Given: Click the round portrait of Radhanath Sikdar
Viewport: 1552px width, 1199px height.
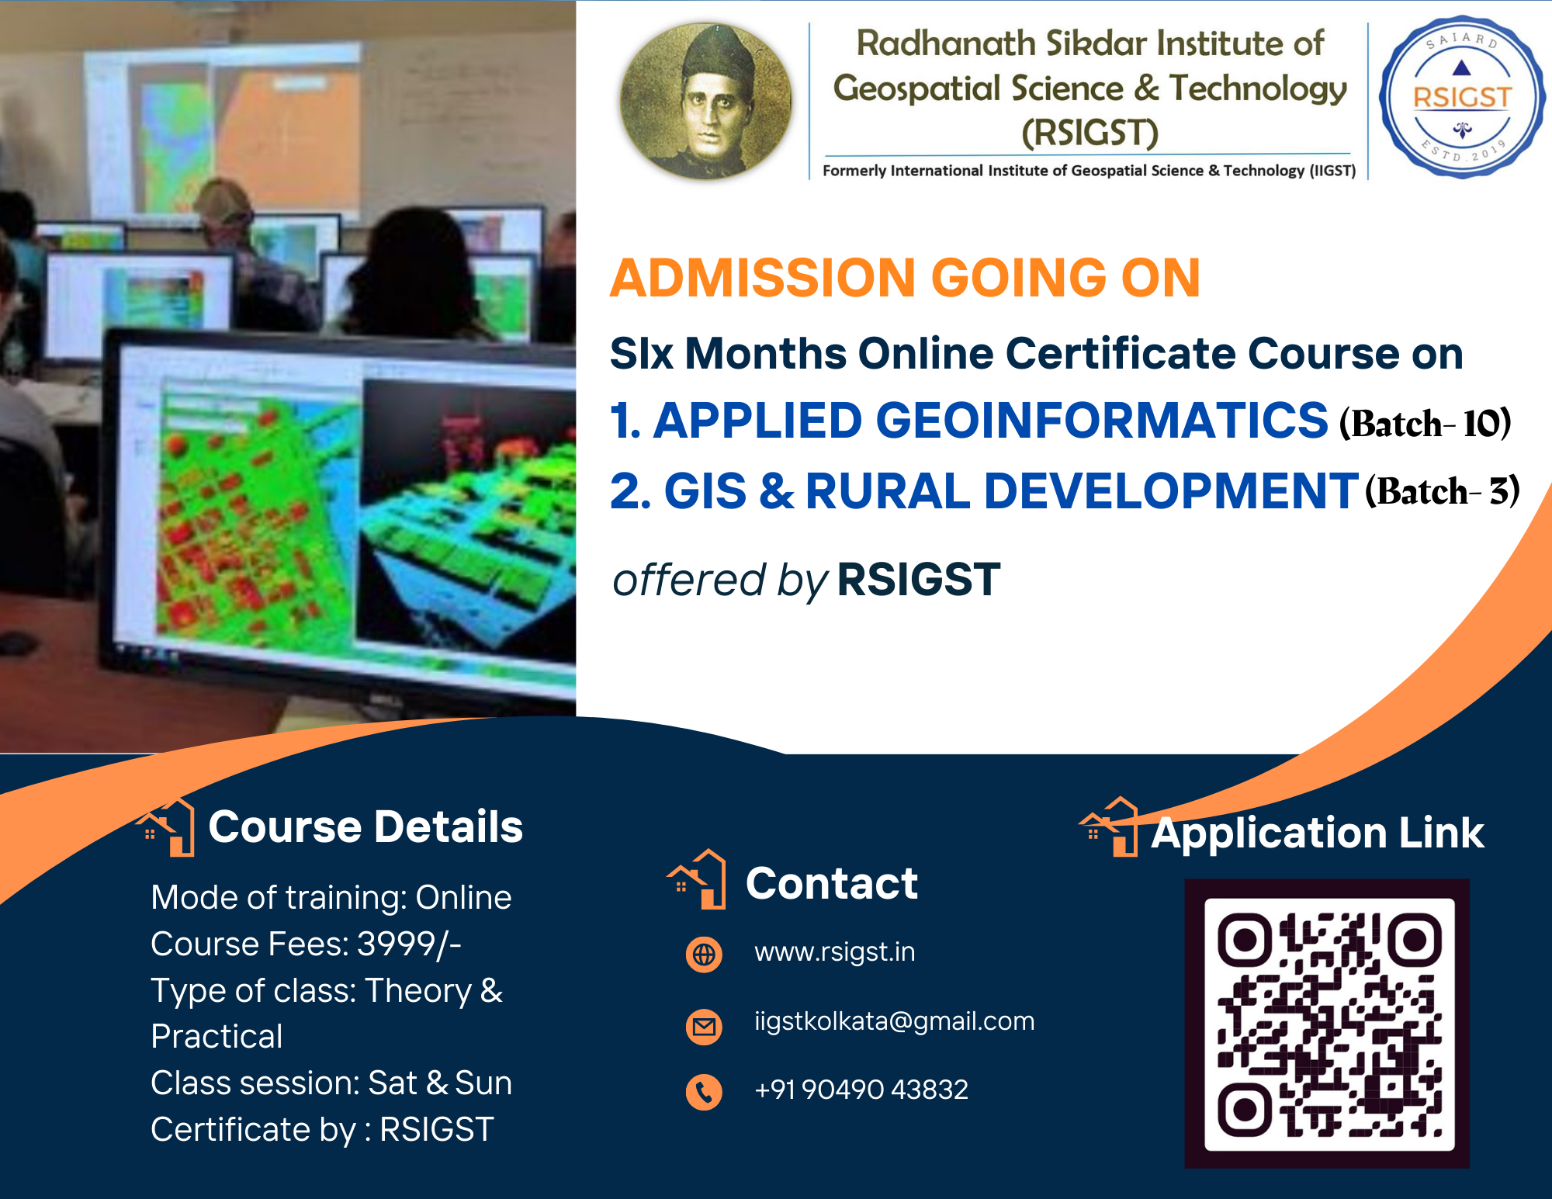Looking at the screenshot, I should pos(705,101).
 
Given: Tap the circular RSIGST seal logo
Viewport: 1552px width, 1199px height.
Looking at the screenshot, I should pos(1462,98).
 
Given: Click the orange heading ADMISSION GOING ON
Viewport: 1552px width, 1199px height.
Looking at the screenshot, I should pos(905,278).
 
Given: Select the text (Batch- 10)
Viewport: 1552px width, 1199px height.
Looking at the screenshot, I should pos(1425,424).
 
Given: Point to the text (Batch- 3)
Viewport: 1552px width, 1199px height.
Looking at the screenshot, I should pos(1442,491).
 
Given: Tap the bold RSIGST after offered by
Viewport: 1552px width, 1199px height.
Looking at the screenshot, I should pos(919,580).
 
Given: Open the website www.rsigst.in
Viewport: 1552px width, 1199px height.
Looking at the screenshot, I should pos(834,952).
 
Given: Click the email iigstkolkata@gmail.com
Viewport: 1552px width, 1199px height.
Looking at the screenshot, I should pos(894,1021).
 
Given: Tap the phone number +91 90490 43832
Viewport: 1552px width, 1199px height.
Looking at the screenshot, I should pos(861,1090).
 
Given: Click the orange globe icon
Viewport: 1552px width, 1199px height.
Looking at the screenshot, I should pos(704,954).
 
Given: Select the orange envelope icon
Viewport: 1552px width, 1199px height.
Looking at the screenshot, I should pos(704,1027).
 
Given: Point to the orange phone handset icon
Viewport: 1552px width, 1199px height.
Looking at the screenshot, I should pos(704,1093).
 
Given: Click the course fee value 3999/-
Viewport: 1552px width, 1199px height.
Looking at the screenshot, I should pos(409,944).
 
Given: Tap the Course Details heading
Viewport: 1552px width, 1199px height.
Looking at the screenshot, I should pos(365,826).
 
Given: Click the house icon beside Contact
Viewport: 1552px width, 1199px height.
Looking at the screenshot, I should pos(698,879).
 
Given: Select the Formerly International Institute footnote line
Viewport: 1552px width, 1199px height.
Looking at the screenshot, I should pos(1089,171).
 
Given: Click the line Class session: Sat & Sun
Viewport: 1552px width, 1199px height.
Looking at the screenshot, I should pos(331,1083).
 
